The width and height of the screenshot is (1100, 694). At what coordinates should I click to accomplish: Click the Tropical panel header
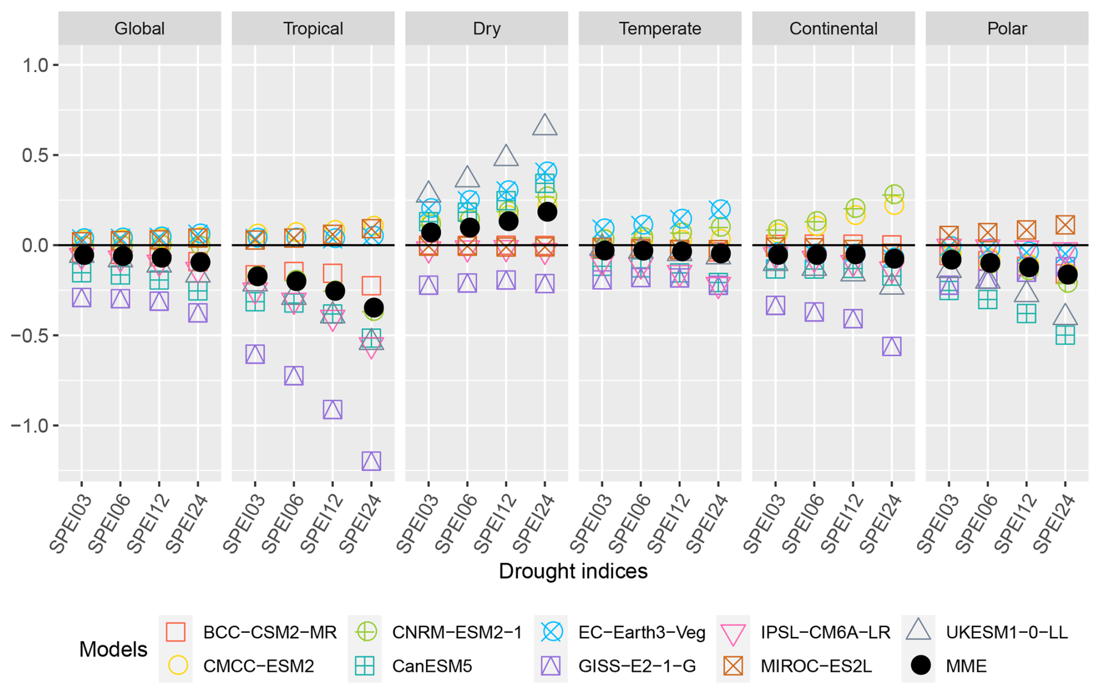tap(313, 29)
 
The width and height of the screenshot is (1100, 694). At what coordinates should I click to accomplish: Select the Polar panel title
tap(1007, 29)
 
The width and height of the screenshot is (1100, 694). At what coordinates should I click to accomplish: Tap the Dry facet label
tap(487, 29)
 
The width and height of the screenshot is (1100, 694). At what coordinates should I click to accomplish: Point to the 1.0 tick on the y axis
tap(35, 65)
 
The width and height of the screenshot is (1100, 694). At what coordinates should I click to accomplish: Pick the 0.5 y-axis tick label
tap(35, 155)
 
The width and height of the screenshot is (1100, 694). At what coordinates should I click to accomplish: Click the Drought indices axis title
tap(573, 571)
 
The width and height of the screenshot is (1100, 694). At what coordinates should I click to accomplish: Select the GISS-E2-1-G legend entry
tap(637, 666)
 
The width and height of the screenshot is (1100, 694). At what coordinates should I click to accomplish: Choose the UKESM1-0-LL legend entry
tap(1006, 632)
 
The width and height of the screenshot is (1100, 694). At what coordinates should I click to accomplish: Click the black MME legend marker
tap(920, 665)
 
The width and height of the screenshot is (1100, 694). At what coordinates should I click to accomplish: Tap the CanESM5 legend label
tap(432, 666)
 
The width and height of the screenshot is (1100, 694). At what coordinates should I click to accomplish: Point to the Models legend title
tap(113, 649)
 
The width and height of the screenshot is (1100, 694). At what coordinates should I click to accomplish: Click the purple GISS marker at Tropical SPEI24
tap(372, 461)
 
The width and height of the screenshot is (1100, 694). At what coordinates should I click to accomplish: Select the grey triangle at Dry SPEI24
tap(545, 125)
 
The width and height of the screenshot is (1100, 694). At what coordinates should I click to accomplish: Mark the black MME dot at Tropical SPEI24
tap(373, 308)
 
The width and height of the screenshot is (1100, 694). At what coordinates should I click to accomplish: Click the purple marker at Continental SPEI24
tap(892, 347)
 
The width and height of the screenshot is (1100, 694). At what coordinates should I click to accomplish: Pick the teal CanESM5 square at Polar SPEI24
tap(1065, 336)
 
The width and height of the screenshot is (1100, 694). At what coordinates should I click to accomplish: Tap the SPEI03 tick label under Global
tap(71, 524)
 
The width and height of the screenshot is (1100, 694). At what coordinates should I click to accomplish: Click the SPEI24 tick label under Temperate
tap(708, 524)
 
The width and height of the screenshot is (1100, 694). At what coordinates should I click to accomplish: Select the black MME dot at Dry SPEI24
tap(547, 212)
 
